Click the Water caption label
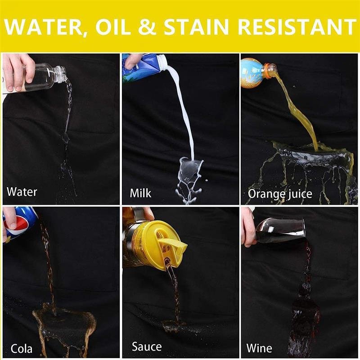pyautogui.click(x=22, y=192)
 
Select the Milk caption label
pyautogui.click(x=141, y=193)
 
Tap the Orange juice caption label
pyautogui.click(x=280, y=194)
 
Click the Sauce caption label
pyautogui.click(x=147, y=347)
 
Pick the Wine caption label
pyautogui.click(x=259, y=348)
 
